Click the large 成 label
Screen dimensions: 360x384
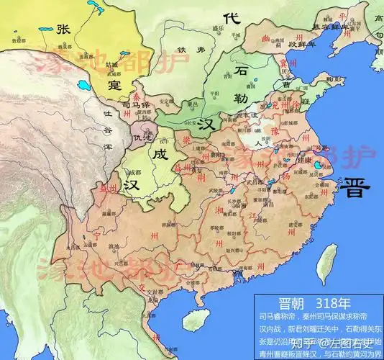click(x=159, y=153)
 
